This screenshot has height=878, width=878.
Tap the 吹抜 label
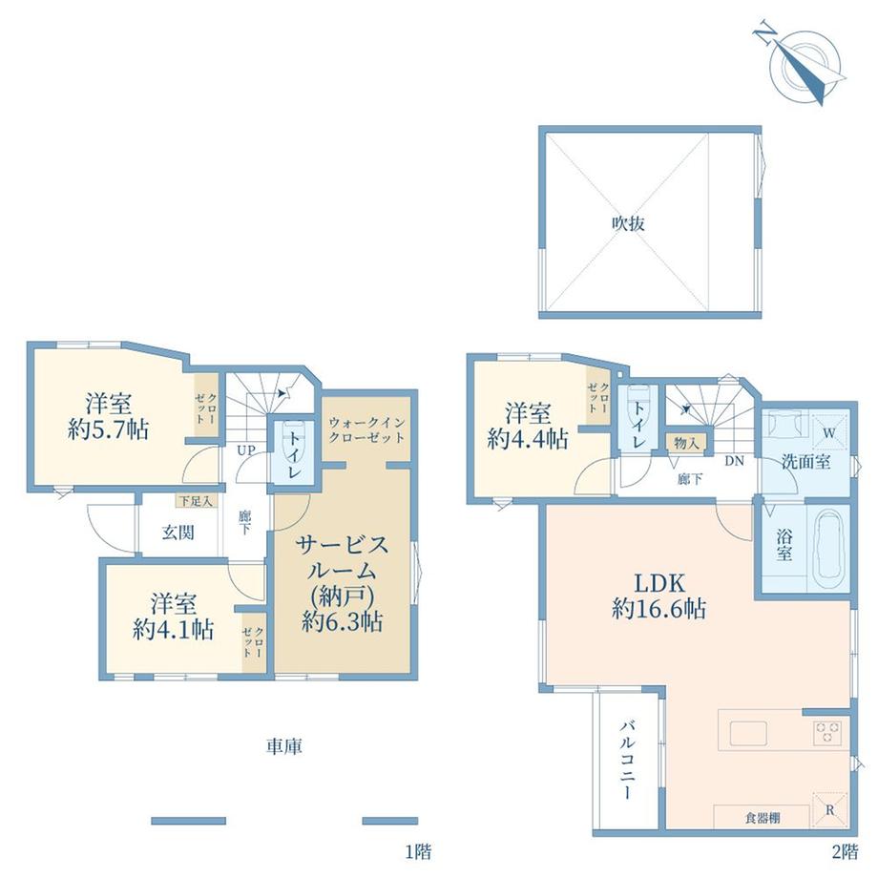628,223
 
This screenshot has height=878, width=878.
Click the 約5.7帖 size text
108,429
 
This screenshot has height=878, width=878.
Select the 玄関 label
178,533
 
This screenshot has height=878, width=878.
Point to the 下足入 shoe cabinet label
196,501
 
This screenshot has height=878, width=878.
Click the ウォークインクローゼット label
366,430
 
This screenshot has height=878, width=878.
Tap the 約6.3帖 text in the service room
342,621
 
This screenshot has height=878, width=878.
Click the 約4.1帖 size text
173,629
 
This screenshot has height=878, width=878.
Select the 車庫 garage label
283,746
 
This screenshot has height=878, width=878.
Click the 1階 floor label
418,852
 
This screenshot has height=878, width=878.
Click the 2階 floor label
845,852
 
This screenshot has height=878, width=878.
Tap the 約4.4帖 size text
528,438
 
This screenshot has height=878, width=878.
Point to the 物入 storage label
686,444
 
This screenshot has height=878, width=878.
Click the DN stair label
735,461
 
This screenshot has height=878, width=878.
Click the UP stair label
246,450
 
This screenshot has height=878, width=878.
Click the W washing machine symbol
830,433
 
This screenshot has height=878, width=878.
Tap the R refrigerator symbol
830,809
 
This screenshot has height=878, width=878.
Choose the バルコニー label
627,761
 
